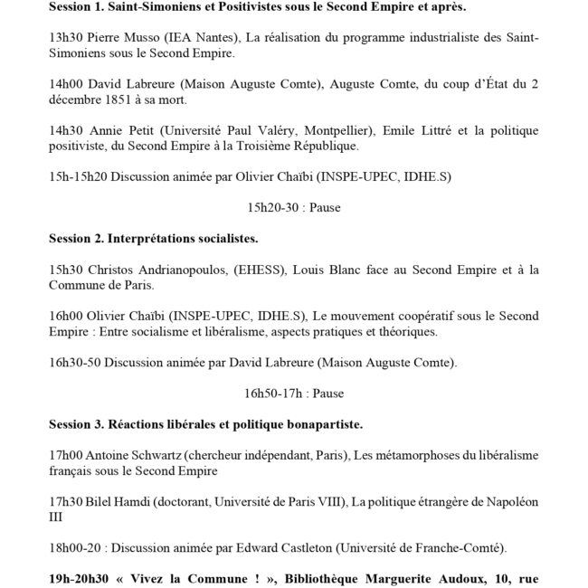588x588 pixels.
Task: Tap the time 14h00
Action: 66,82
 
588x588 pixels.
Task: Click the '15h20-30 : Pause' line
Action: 293,206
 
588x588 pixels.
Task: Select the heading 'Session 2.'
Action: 76,239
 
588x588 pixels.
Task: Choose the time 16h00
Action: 66,313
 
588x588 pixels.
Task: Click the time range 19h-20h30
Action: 88,574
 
